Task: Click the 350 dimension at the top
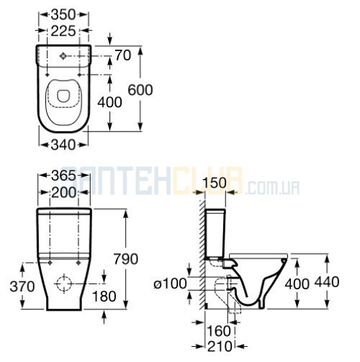(63, 15)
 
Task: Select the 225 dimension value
(63, 31)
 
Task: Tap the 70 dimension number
(123, 55)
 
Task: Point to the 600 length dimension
(140, 90)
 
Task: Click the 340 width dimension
(63, 145)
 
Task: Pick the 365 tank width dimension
(63, 176)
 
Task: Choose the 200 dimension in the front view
(64, 192)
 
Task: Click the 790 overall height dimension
(126, 259)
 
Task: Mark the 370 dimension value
(22, 286)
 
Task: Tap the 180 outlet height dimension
(104, 297)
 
